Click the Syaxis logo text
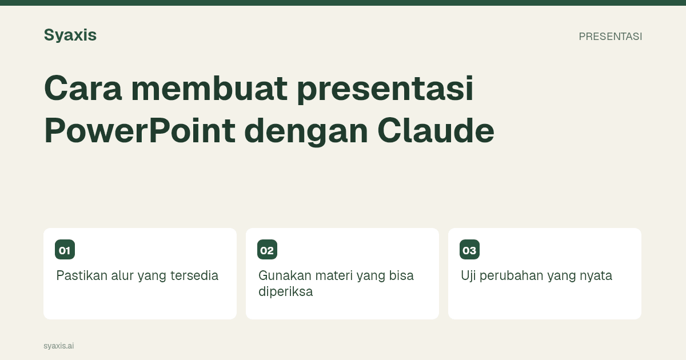(70, 35)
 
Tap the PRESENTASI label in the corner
(611, 37)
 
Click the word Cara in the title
(83, 89)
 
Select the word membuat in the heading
(209, 89)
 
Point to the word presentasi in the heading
(385, 89)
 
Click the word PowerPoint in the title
(140, 131)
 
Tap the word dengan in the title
(306, 132)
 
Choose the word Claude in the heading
(436, 130)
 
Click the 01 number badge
(65, 250)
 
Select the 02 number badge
(267, 250)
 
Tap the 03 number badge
(469, 250)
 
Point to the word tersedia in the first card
(194, 275)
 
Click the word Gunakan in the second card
(285, 275)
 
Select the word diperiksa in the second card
(286, 292)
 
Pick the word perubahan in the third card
(511, 276)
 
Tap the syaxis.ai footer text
(59, 346)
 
